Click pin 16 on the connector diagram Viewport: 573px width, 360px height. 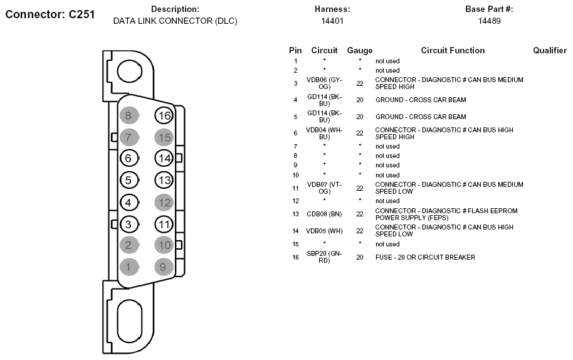pos(164,115)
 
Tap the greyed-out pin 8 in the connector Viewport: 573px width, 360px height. pos(129,115)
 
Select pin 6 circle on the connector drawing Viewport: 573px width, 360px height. pos(129,158)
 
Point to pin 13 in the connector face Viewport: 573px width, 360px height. pos(164,180)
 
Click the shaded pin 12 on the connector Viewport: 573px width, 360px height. pos(164,203)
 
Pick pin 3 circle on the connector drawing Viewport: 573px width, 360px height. pos(129,224)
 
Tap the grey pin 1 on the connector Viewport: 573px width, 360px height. pos(129,267)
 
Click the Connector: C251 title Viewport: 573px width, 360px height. pos(50,14)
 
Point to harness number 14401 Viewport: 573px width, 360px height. pos(332,21)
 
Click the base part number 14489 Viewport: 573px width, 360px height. pos(490,21)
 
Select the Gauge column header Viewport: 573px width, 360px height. pos(360,50)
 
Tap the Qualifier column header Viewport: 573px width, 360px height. pos(550,50)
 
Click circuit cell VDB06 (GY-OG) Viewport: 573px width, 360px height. pos(324,83)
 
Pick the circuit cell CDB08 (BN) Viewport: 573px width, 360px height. pos(324,214)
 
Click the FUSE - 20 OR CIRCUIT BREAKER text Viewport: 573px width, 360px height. pos(425,257)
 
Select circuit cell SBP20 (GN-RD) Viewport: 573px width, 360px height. pos(324,257)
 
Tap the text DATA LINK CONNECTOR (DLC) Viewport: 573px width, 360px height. pos(175,21)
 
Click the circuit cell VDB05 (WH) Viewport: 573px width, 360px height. pos(324,231)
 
